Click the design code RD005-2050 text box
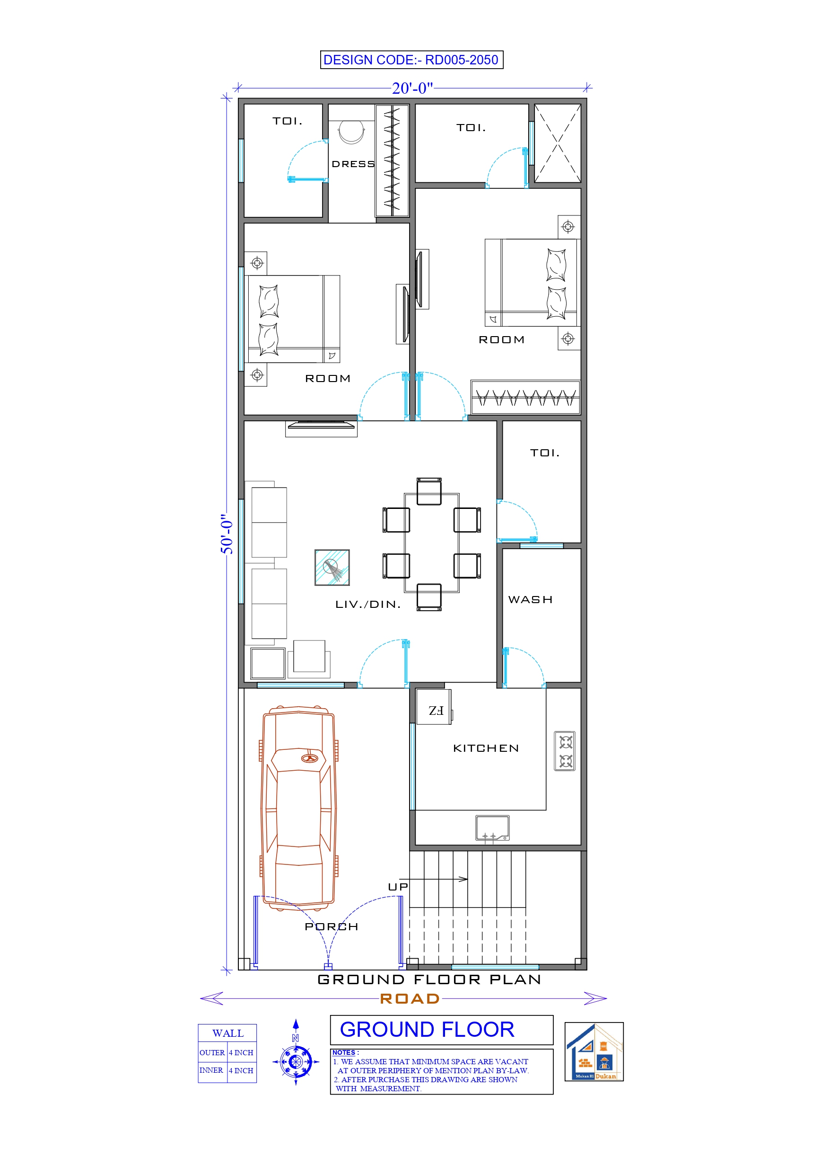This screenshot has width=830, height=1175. click(x=411, y=60)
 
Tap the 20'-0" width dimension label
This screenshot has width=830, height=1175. click(x=412, y=89)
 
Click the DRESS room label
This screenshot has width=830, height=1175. click(x=353, y=164)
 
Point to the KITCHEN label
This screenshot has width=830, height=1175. click(x=486, y=748)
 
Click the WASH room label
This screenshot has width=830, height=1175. click(x=530, y=599)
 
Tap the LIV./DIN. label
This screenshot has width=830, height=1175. click(x=367, y=605)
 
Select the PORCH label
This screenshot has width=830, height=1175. click(x=332, y=926)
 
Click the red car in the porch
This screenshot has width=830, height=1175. click(x=298, y=809)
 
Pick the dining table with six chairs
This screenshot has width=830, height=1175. click(x=432, y=543)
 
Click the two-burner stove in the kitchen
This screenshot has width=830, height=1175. click(x=565, y=751)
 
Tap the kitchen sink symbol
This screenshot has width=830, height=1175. click(x=492, y=828)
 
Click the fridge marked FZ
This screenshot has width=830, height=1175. click(x=434, y=707)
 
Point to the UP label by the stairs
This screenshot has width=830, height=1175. click(x=398, y=887)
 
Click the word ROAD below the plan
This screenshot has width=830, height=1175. click(x=410, y=998)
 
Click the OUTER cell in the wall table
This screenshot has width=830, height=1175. click(x=212, y=1053)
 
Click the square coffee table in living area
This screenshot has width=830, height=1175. click(x=332, y=567)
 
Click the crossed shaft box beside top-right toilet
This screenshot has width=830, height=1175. click(x=558, y=143)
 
